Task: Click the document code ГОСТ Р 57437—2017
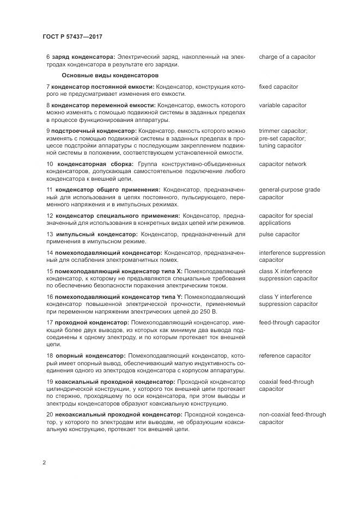click(72, 36)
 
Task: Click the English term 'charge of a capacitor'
click(287, 57)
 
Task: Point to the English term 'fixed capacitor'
click(278, 87)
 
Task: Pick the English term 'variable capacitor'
click(283, 105)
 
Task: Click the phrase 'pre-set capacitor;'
click(282, 138)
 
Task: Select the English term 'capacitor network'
click(283, 164)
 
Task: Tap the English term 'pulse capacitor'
click(279, 234)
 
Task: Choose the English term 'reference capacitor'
click(285, 355)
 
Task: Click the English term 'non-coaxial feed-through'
click(292, 414)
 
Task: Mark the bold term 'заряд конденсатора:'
click(83, 57)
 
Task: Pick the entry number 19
click(50, 382)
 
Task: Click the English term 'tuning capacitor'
click(280, 146)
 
